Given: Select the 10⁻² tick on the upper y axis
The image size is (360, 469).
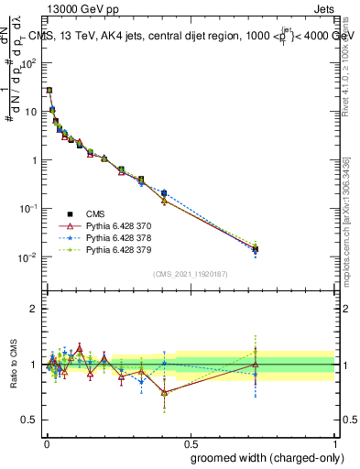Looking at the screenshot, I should (x=30, y=257).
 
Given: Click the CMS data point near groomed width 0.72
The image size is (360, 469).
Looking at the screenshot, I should (x=256, y=248).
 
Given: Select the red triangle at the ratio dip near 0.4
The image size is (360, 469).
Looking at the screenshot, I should (x=164, y=392).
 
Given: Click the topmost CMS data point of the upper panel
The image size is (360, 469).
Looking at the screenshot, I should (x=49, y=91).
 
